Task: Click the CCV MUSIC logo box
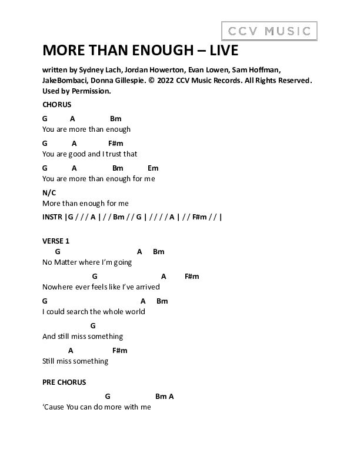click(x=269, y=31)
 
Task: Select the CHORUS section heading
click(x=57, y=105)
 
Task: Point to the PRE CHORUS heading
click(x=64, y=382)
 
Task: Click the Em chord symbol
click(x=153, y=168)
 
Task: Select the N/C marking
click(x=49, y=192)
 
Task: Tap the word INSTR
click(x=52, y=217)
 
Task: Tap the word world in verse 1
click(x=134, y=312)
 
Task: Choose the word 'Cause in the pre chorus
click(x=53, y=407)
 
